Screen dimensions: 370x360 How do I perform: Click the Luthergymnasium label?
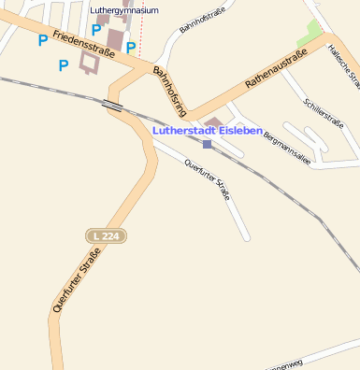[x=124, y=10]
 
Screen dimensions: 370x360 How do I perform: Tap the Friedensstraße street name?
[x=83, y=44]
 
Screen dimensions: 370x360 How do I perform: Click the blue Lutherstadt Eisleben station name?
[x=208, y=131]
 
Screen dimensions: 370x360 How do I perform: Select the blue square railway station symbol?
[x=207, y=144]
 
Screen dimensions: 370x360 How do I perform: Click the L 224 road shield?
[x=104, y=235]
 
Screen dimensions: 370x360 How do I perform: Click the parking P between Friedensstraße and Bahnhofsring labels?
[x=131, y=48]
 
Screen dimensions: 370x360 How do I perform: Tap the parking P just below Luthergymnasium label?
[x=95, y=29]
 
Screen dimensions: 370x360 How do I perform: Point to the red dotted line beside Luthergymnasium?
[x=139, y=28]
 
